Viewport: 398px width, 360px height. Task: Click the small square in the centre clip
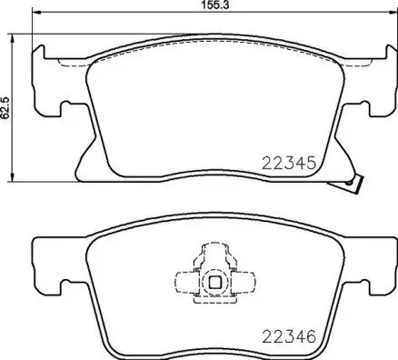(215, 282)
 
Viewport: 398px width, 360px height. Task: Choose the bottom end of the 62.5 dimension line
(13, 178)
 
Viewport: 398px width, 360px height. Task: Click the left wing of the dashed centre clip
(184, 283)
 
